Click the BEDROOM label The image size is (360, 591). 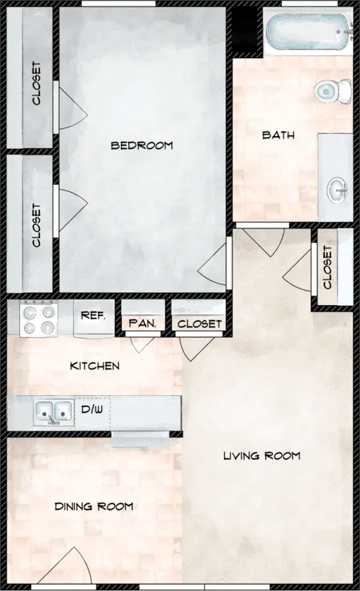click(141, 145)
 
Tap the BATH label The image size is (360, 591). click(278, 135)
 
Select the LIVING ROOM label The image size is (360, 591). click(261, 456)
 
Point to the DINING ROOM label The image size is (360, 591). click(93, 506)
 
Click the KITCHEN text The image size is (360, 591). click(95, 366)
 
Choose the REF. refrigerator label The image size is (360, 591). click(93, 315)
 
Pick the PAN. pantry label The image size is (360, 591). click(143, 323)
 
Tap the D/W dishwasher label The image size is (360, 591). click(92, 409)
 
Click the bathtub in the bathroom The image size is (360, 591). click(307, 33)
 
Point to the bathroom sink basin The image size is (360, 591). click(338, 190)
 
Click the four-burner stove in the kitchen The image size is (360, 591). click(38, 319)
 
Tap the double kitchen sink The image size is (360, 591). click(53, 412)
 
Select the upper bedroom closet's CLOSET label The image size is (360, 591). click(37, 84)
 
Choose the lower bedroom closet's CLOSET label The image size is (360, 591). click(37, 225)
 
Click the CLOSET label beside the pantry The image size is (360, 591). click(199, 323)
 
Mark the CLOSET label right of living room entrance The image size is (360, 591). click(327, 267)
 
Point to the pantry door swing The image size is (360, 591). click(143, 343)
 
